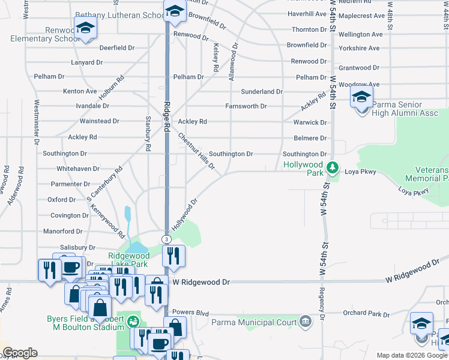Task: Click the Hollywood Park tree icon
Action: coord(333,166)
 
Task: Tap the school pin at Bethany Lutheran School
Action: coord(175,11)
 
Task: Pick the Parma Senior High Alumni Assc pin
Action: coord(362,98)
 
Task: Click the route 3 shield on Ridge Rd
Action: coord(166,239)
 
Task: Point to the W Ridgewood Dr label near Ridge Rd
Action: coord(201,281)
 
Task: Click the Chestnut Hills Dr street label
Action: coord(196,151)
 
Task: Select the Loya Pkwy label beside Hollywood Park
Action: coord(360,172)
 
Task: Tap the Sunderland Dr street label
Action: coord(261,92)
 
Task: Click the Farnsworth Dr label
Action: coord(246,106)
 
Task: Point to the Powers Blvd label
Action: coord(190,313)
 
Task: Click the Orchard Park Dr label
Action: coord(366,313)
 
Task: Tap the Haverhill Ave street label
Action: coord(307,13)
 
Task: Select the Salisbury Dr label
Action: coord(77,247)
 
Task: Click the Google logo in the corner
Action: coord(20,353)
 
